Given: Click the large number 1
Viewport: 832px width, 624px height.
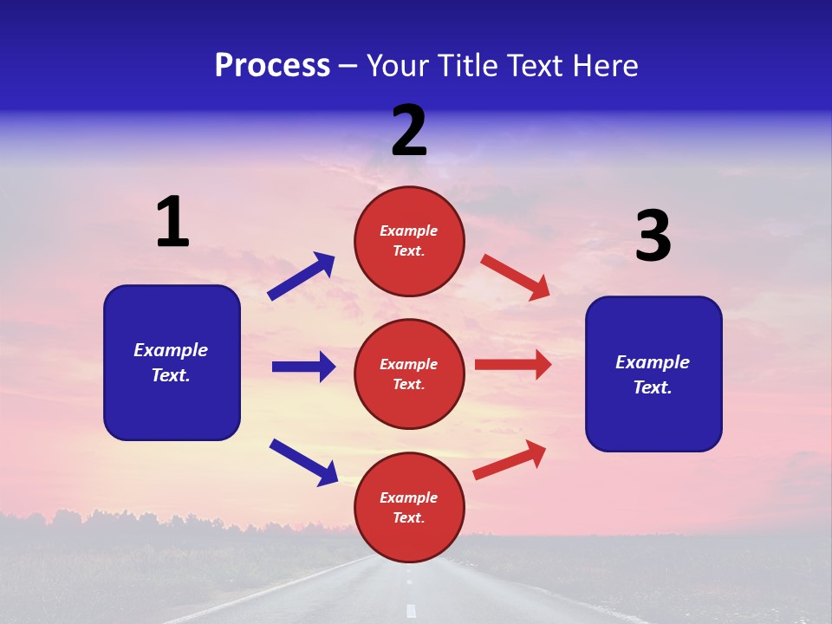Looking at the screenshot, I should [172, 222].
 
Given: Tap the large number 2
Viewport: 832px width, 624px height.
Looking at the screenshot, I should [409, 131].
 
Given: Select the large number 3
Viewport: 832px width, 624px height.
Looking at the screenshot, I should [653, 237].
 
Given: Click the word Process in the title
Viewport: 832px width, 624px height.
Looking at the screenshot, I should [272, 65].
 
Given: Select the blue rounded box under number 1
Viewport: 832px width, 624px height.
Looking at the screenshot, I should [172, 362].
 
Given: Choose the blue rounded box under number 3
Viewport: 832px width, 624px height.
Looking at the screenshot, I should [653, 374].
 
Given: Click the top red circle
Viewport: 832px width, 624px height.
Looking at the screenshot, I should [409, 240].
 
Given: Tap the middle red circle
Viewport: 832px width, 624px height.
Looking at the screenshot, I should [409, 374].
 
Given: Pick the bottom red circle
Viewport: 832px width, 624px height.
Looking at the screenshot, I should [409, 507].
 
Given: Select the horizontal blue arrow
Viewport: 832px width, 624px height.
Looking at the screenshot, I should [303, 367].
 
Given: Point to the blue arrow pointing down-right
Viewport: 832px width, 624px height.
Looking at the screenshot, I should [304, 462].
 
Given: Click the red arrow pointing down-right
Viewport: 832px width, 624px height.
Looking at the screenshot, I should [516, 277].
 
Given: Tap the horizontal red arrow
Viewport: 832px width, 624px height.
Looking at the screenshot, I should [513, 365].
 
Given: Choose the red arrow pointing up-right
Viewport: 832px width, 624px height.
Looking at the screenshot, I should [510, 459].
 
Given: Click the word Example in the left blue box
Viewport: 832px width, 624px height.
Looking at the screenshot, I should [171, 350].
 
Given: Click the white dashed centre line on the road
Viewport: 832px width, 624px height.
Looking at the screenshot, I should [411, 609].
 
